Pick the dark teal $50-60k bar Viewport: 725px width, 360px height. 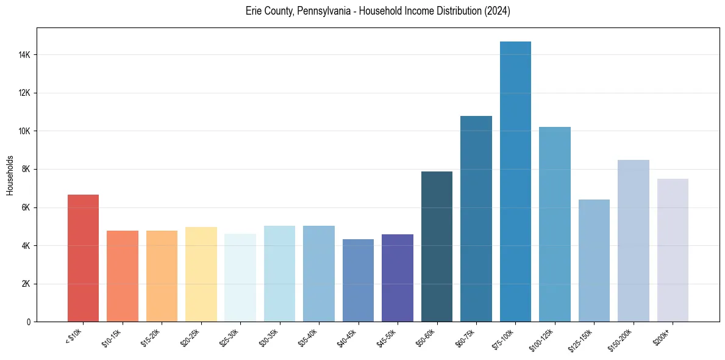(437, 247)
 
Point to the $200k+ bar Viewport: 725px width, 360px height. (673, 250)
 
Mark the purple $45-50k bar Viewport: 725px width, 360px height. (398, 278)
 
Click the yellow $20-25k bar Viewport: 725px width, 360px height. (201, 275)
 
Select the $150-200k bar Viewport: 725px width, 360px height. (634, 241)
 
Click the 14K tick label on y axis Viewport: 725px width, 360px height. (24, 55)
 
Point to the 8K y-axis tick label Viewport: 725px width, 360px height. (26, 170)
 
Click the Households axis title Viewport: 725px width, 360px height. (10, 175)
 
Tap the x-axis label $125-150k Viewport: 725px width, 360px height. (588, 338)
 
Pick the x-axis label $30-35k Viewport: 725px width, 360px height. (274, 337)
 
